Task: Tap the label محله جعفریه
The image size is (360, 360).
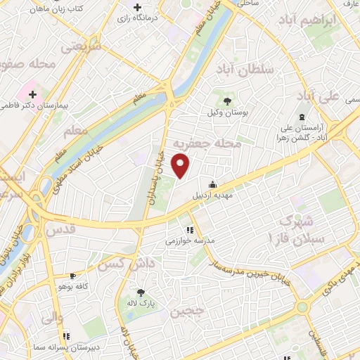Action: (211, 143)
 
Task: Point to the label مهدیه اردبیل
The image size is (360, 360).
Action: (214, 196)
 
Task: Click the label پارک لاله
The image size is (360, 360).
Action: (141, 304)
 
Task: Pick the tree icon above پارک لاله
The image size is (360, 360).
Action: (141, 292)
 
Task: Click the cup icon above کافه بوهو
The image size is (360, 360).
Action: (72, 276)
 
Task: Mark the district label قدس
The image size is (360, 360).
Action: (60, 229)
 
